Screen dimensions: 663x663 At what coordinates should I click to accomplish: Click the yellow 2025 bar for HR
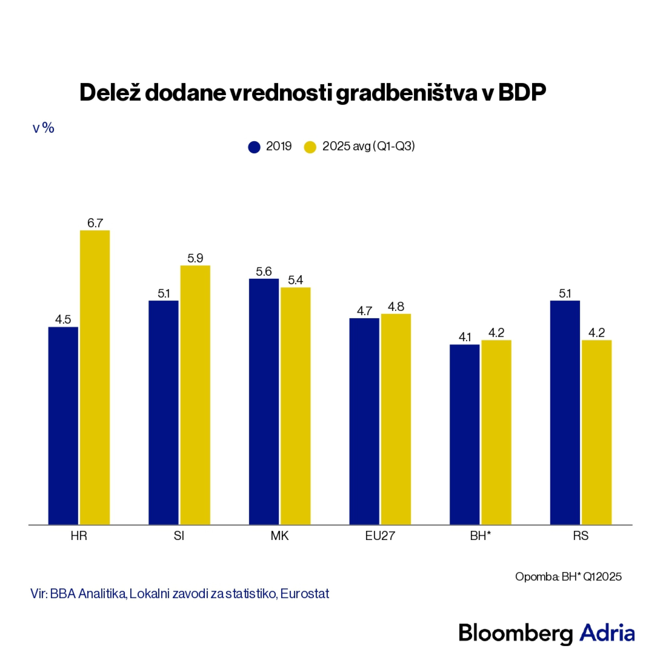pos(95,377)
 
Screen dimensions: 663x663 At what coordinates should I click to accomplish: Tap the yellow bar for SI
pos(195,394)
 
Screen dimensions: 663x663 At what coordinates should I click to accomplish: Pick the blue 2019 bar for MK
pos(264,401)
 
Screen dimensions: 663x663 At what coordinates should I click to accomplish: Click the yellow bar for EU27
pos(396,419)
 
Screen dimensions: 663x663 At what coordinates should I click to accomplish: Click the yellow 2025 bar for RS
pos(597,432)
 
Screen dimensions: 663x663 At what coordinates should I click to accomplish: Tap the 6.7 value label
pos(95,223)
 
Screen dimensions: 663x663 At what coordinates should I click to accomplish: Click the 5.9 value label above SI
pos(195,258)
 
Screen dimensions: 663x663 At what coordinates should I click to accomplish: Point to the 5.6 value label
pos(264,271)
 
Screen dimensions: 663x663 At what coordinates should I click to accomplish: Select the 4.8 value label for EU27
pos(396,306)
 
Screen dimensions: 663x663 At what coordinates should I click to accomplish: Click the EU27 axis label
pos(380,536)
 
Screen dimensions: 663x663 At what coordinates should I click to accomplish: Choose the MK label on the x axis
pos(280,536)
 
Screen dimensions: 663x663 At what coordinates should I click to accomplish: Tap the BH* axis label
pos(480,536)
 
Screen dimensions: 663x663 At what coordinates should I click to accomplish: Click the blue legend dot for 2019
pos(254,147)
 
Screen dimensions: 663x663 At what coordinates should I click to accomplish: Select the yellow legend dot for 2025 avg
pos(310,147)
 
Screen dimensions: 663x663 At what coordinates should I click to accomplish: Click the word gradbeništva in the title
pos(406,93)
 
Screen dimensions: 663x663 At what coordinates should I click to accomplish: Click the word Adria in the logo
pos(607,633)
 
